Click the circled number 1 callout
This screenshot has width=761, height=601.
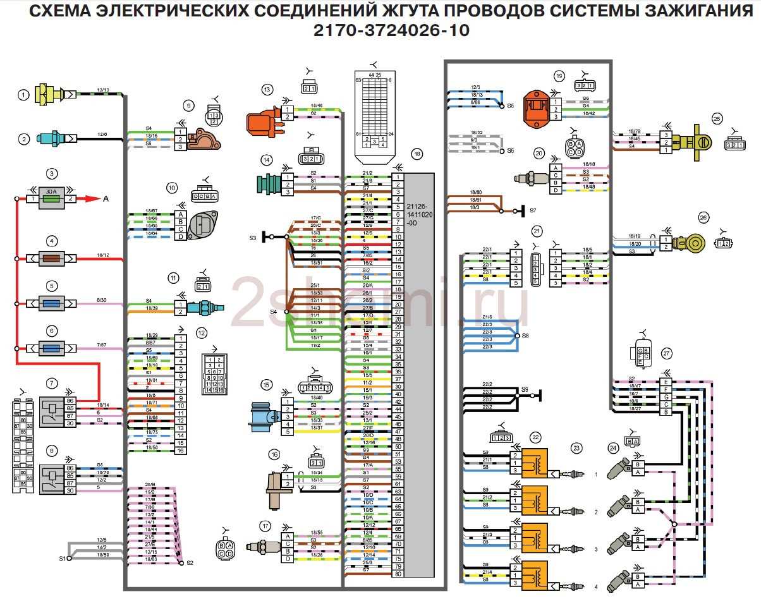24,95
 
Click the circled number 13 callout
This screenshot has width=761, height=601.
267,90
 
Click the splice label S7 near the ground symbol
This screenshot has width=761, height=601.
533,210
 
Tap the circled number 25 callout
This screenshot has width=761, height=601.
716,118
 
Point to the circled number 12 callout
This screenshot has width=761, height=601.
202,332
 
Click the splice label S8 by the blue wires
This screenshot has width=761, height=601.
525,336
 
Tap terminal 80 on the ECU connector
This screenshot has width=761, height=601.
398,574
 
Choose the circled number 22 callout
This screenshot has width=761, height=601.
536,437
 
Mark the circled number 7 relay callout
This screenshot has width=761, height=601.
52,383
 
